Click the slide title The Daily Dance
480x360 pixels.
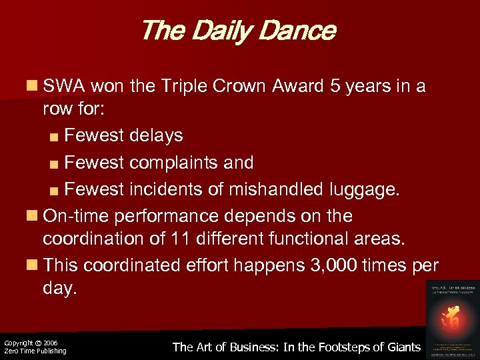[x=238, y=31]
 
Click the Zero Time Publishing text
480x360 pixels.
[x=35, y=351]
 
